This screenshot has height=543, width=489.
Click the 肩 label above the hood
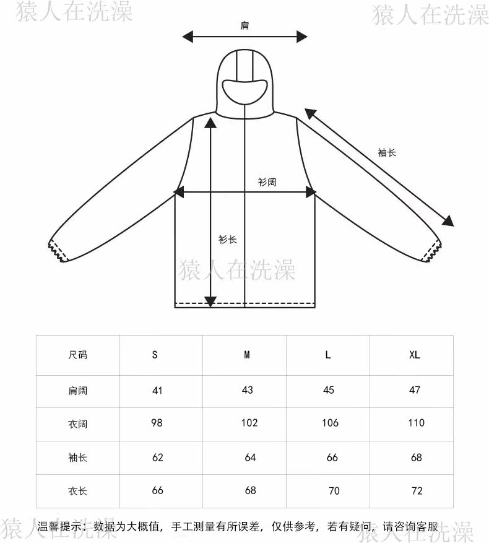(245, 26)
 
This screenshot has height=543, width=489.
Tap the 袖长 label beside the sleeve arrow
(387, 152)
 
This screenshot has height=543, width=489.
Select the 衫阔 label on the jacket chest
(267, 183)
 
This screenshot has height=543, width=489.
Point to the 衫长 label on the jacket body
(227, 240)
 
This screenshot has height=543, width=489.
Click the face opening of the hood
(245, 90)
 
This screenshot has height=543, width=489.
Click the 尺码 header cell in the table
(77, 355)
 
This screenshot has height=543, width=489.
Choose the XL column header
(414, 355)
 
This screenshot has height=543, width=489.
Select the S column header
(155, 355)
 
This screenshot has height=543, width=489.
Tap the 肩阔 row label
(77, 391)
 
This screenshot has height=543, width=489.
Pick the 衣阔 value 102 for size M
(249, 424)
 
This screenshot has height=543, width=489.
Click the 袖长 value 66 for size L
(332, 458)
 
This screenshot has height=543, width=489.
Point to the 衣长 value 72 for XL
(417, 491)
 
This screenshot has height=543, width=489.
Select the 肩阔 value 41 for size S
(157, 390)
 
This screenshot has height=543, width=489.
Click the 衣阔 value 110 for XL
(416, 423)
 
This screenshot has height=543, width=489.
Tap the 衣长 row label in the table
(77, 492)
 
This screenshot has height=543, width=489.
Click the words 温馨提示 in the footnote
(60, 528)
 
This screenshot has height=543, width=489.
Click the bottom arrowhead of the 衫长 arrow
(210, 302)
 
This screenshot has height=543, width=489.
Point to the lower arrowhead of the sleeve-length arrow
(448, 221)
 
